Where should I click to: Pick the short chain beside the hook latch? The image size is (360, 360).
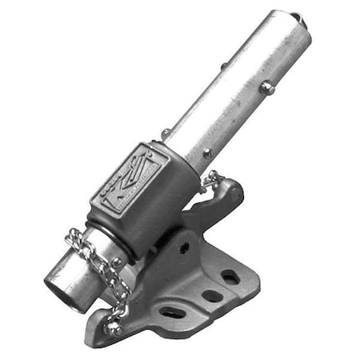click(x=210, y=181)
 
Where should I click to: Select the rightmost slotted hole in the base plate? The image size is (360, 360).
click(x=230, y=277)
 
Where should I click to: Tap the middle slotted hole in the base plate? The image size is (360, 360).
click(x=211, y=295)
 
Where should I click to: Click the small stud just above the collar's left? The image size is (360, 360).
click(x=166, y=134)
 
